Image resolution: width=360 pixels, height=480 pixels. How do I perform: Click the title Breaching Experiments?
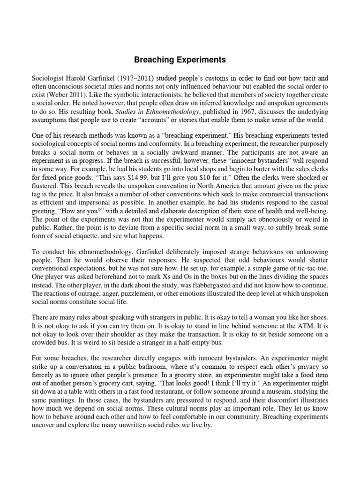(x=180, y=60)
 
